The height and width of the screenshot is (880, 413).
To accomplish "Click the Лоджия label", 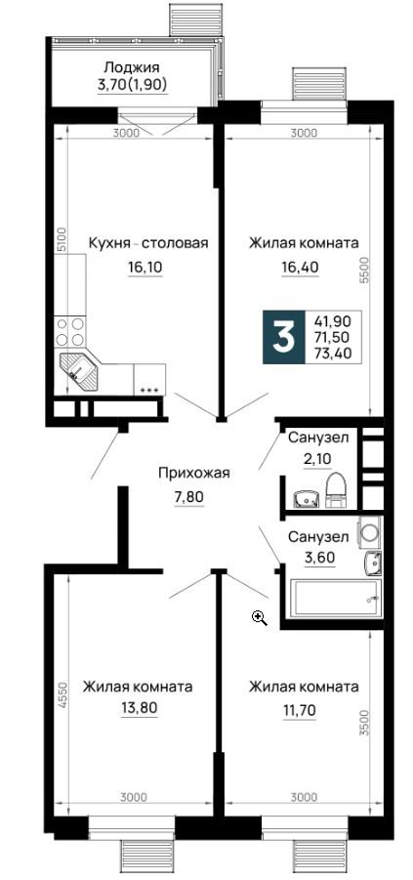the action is tap(131, 68).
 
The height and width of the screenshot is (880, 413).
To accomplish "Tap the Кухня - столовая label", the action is tap(148, 243).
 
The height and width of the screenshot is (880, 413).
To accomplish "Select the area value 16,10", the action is tap(145, 268).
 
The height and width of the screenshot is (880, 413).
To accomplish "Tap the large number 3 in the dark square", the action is tap(283, 337).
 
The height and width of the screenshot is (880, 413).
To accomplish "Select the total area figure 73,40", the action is tap(335, 353).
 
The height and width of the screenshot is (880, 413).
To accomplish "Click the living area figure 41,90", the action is tap(335, 321).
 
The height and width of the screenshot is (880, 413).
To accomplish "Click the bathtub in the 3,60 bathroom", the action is tap(335, 600).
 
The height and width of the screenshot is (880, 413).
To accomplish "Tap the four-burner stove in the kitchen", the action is tap(69, 332).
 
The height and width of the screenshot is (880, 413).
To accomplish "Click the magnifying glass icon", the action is tap(260, 618).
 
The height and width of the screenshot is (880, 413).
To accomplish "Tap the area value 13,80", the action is tap(138, 710).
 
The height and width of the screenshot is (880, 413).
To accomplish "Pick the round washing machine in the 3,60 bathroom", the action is tap(370, 531).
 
